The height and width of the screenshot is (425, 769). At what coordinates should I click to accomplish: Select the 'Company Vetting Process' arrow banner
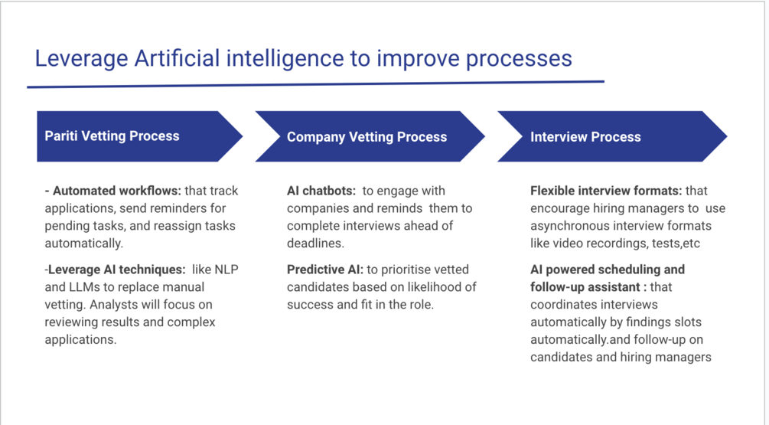367,137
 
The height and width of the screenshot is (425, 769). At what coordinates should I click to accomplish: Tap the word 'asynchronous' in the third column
569,225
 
